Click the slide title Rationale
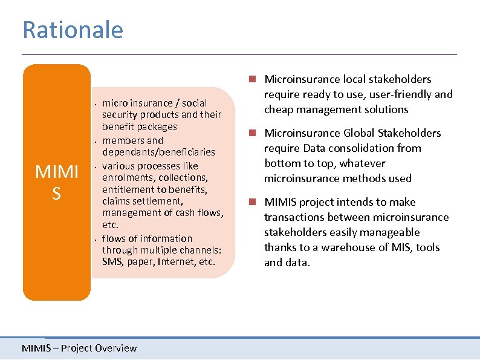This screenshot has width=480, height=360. pos(73,30)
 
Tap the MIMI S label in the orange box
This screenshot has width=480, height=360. pos(57,182)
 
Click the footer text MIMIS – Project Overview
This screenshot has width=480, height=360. pos(79,348)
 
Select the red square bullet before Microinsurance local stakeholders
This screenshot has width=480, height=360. pos(256,79)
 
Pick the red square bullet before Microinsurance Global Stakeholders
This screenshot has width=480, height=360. pos(256,133)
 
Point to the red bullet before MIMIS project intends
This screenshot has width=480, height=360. pos(256,202)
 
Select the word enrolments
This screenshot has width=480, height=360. pos(125,177)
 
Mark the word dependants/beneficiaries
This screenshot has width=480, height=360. pos(158,152)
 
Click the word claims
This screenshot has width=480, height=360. pos(115,201)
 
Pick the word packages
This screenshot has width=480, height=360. pos(157,126)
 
